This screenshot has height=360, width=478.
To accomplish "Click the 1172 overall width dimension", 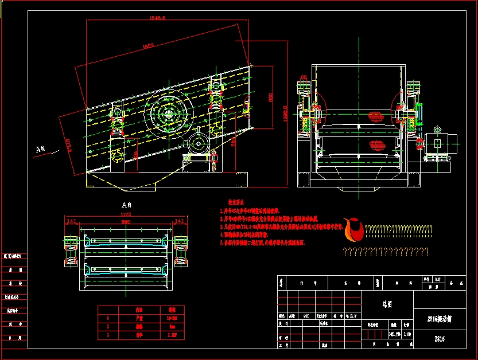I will click(x=126, y=215).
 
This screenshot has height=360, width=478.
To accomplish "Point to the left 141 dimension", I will click(x=72, y=221).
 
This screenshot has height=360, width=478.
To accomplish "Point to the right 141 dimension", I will click(x=179, y=221).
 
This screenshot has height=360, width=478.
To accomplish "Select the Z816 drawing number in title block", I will click(x=439, y=339).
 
